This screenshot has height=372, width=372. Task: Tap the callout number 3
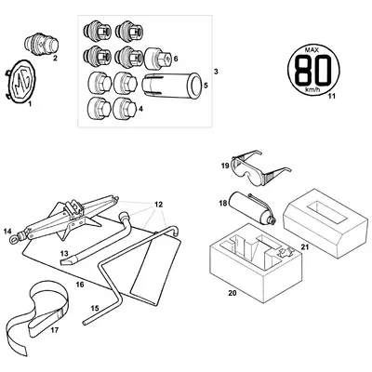click(x=216, y=72)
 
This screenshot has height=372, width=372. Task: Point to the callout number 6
click(x=176, y=58)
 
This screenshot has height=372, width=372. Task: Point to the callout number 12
click(x=159, y=203)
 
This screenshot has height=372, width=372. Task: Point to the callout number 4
click(x=140, y=109)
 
